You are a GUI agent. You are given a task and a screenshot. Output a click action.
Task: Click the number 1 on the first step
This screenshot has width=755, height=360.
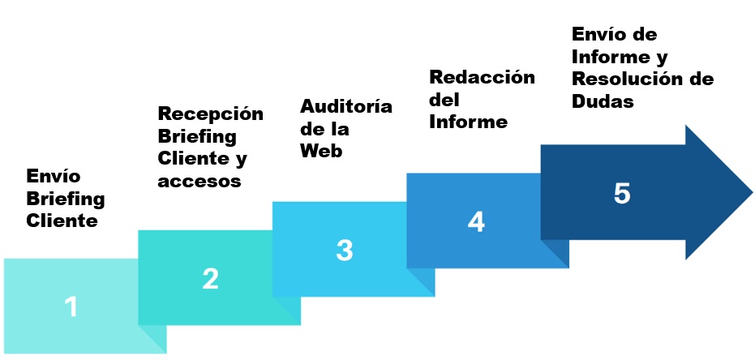(71, 306)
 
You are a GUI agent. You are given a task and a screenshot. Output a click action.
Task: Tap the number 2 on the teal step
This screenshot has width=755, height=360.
(210, 279)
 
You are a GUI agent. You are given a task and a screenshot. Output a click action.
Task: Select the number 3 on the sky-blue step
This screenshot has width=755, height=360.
(345, 251)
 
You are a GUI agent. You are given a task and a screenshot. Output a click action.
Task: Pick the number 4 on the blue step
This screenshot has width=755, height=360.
(476, 221)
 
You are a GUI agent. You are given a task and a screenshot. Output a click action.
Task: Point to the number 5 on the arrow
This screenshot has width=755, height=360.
(622, 194)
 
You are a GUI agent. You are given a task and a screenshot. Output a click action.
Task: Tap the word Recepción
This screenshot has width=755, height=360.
(210, 114)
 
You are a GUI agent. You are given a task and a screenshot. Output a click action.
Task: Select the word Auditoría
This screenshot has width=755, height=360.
(346, 106)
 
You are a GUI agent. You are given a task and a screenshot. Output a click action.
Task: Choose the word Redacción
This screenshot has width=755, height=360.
(482, 78)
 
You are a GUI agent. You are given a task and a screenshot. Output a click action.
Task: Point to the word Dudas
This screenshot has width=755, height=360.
(603, 102)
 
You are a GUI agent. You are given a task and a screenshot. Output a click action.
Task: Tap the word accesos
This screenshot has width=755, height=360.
(199, 181)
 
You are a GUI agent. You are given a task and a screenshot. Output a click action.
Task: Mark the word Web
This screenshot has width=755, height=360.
(321, 151)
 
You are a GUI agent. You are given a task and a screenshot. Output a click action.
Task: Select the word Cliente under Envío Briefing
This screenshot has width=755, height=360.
(62, 221)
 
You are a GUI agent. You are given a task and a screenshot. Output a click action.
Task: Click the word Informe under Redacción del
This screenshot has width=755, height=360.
(468, 122)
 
